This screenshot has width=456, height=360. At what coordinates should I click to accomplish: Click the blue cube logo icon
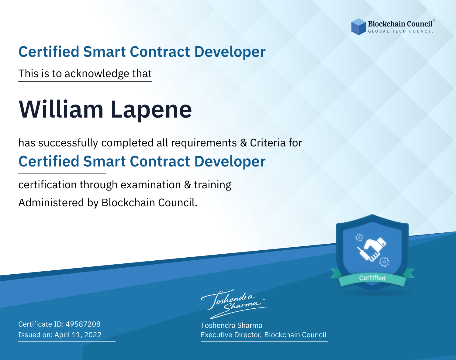(x=358, y=27)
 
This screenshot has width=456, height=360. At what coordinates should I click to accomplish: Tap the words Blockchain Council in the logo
(x=400, y=24)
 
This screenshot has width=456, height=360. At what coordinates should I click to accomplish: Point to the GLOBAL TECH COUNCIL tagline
(x=401, y=31)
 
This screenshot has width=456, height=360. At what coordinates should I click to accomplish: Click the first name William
(x=61, y=109)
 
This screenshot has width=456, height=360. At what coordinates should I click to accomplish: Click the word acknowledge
(x=97, y=74)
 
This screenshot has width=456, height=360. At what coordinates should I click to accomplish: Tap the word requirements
(x=204, y=143)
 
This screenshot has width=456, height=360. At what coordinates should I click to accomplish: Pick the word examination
(x=151, y=185)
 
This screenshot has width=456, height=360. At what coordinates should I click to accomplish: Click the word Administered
(x=51, y=202)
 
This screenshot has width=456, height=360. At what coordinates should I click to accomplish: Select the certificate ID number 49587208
(x=83, y=324)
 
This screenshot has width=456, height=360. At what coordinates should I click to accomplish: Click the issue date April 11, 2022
(x=78, y=335)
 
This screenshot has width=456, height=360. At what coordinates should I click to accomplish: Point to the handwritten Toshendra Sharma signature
(x=234, y=304)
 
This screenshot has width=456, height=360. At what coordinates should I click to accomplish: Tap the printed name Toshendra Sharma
(x=231, y=325)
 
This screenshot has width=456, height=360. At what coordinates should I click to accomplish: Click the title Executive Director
(x=230, y=335)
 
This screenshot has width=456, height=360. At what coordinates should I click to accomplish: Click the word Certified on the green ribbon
(x=372, y=278)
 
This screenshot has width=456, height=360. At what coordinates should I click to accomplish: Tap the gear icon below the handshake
(x=384, y=262)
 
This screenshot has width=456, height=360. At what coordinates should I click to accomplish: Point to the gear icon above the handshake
(x=359, y=238)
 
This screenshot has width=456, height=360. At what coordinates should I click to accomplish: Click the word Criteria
(x=268, y=143)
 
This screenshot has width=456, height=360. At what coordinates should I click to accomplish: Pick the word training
(x=213, y=185)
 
